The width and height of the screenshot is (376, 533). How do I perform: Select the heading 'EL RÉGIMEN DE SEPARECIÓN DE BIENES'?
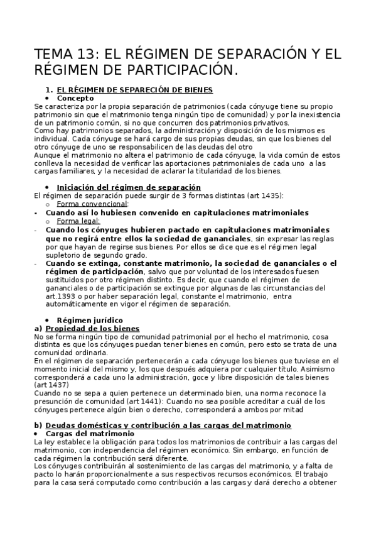coord(134,90)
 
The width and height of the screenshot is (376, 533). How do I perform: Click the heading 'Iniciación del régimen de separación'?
coord(129,187)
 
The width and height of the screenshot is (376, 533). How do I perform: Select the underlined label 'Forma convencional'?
coord(92,204)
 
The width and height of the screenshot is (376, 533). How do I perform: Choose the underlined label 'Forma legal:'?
coord(78,221)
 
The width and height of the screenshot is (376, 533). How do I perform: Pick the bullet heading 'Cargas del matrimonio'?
coord(95,434)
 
